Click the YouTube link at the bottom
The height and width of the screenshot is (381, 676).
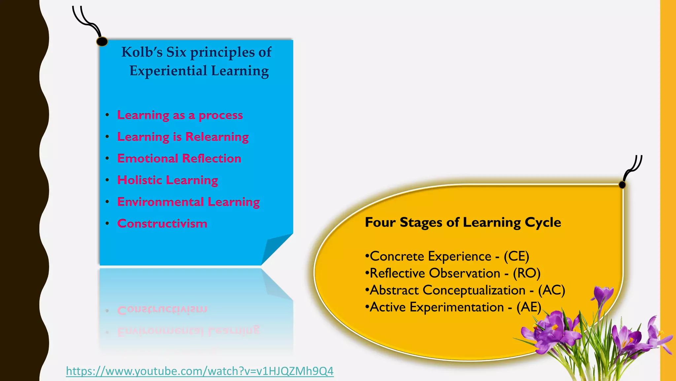coord(200,371)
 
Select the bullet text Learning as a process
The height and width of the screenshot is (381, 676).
coord(180,115)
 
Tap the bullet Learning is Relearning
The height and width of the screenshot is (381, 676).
coord(183,137)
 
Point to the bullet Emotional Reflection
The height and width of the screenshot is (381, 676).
coord(179,158)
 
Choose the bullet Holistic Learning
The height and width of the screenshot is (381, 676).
coord(168,180)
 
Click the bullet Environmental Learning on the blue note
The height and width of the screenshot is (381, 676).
coord(188,202)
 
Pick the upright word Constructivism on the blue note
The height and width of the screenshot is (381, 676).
coord(162,224)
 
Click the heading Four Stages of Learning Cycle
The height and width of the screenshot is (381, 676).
coord(463,222)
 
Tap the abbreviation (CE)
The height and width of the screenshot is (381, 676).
coord(516,256)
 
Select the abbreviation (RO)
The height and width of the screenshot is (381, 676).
coord(526,273)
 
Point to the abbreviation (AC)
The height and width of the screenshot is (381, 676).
coord(552,290)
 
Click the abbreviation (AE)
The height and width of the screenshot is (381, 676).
coord(529,307)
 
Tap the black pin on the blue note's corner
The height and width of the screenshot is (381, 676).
coord(102,42)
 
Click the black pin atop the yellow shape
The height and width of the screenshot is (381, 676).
coord(622,185)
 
